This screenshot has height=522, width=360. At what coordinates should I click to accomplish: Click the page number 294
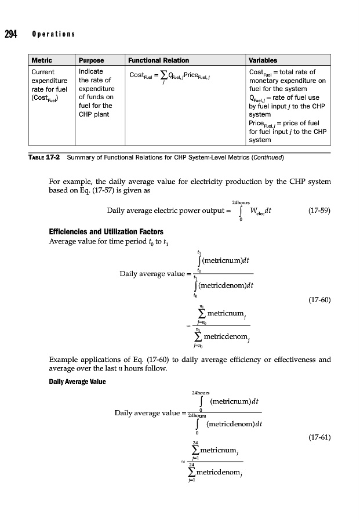pos(11,33)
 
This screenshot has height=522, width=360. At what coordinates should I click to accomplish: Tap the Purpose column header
pos(92,60)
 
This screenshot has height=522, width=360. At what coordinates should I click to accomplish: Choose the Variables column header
pos(263,60)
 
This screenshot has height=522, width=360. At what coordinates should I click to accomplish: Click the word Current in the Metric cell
pos(42,72)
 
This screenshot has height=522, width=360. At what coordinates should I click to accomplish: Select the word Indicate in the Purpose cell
pos(90,72)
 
